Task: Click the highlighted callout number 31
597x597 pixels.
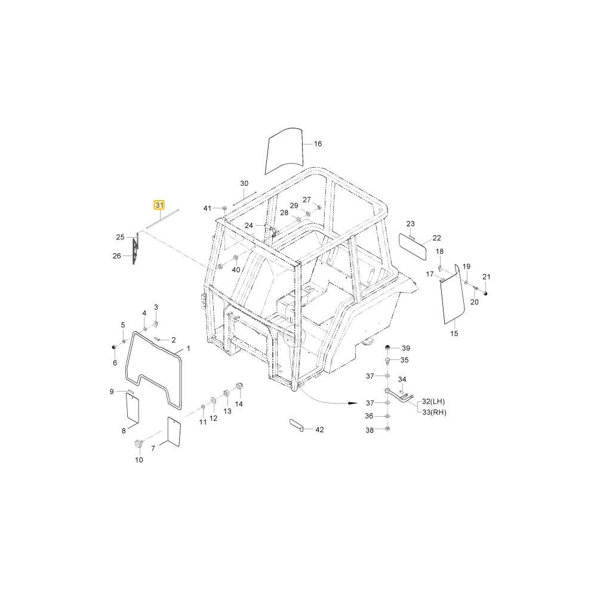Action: coord(159,205)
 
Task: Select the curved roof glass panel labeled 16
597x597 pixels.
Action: coord(284,151)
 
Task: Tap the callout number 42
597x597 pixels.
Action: coord(319,429)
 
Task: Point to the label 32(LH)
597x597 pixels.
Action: coord(433,401)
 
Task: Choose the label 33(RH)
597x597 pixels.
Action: coord(434,412)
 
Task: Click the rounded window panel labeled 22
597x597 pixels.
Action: coord(413,247)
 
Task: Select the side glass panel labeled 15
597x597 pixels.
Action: coord(453,294)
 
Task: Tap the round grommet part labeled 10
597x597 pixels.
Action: coord(139,444)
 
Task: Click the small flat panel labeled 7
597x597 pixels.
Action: coord(174,432)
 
